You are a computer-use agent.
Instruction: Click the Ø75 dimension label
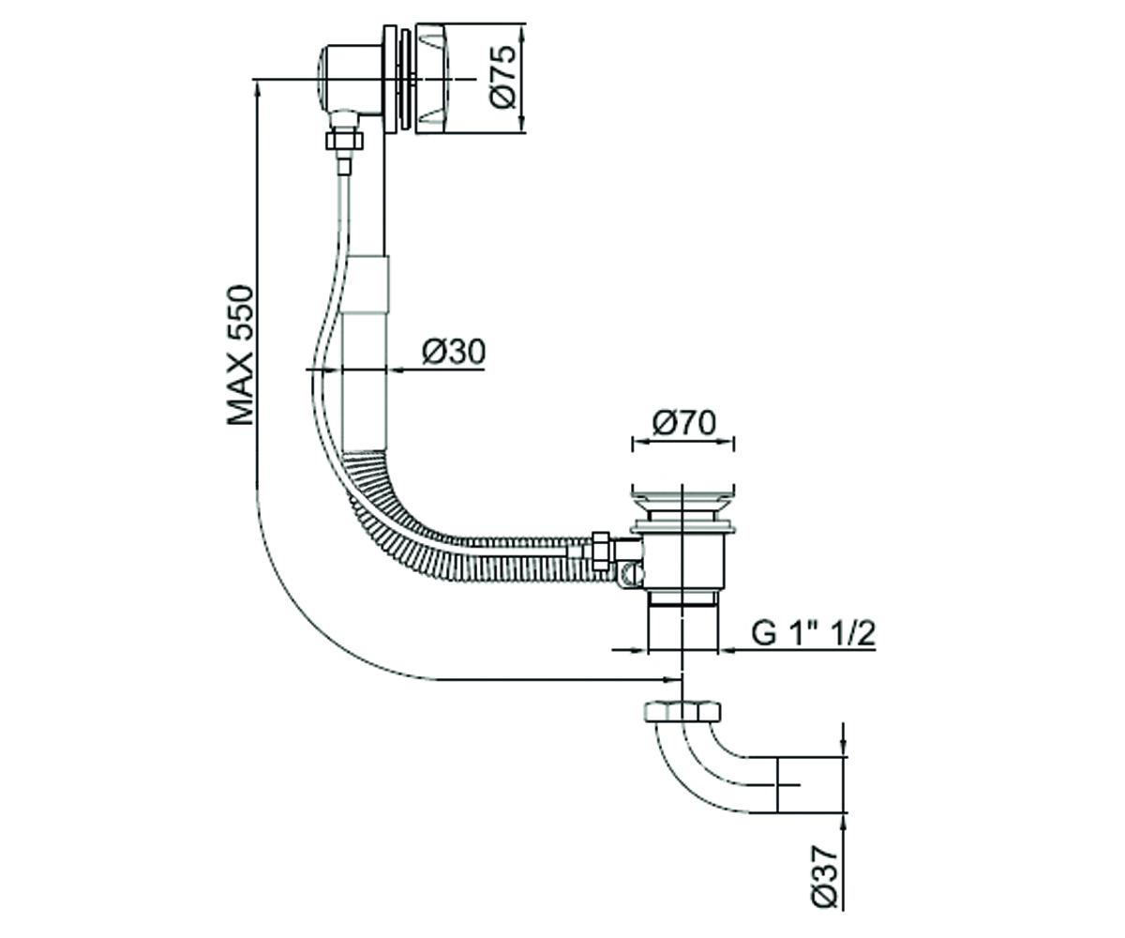[x=503, y=77]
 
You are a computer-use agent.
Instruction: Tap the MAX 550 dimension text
[x=240, y=356]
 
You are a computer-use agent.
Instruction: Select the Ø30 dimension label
[x=454, y=352]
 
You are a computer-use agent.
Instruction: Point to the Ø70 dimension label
[x=683, y=423]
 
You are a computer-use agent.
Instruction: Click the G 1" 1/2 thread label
[x=813, y=633]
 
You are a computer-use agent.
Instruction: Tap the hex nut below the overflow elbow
[x=345, y=140]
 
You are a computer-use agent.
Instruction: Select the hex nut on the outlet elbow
[x=682, y=712]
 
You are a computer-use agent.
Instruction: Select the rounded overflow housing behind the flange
[x=348, y=78]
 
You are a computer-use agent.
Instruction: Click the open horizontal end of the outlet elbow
[x=777, y=784]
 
